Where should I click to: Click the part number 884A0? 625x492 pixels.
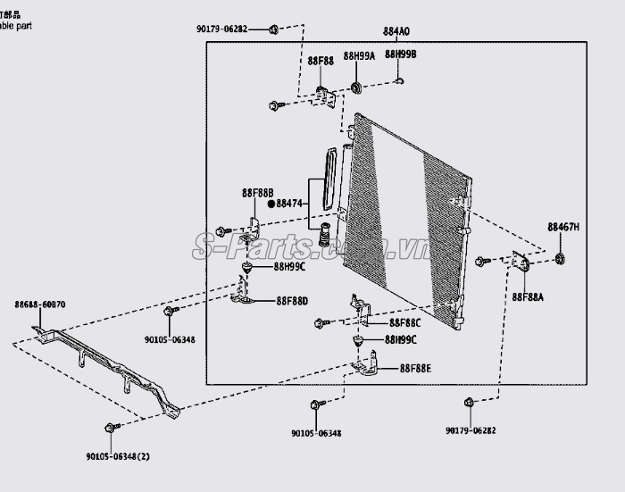pos(396,32)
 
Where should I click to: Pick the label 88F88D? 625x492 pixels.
pos(292,301)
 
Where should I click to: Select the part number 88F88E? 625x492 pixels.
pos(415,368)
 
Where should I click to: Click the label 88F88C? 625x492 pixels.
pos(404,322)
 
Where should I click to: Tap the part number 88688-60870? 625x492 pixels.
pos(39,304)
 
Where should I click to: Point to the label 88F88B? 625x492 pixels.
pos(257,192)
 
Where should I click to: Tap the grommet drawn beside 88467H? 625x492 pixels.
pos(561,259)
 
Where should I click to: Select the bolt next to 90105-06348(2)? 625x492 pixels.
pos(109,429)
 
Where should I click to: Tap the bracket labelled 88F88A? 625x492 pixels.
pos(521,261)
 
